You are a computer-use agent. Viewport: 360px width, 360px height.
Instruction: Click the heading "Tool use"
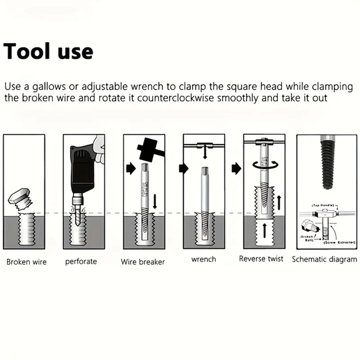tap(48, 51)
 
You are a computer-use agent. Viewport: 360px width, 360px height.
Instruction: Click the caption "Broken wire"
tap(27, 262)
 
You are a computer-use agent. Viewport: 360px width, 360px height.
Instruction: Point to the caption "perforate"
tap(81, 262)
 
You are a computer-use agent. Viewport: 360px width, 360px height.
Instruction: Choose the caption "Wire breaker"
tap(143, 262)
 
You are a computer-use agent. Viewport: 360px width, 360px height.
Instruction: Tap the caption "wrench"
tap(203, 259)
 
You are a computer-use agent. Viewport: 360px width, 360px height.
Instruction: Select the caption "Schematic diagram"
tap(324, 259)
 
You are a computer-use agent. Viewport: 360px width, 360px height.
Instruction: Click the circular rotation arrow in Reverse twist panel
tap(264, 165)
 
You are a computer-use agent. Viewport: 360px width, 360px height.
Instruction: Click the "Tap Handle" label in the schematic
tap(324, 205)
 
